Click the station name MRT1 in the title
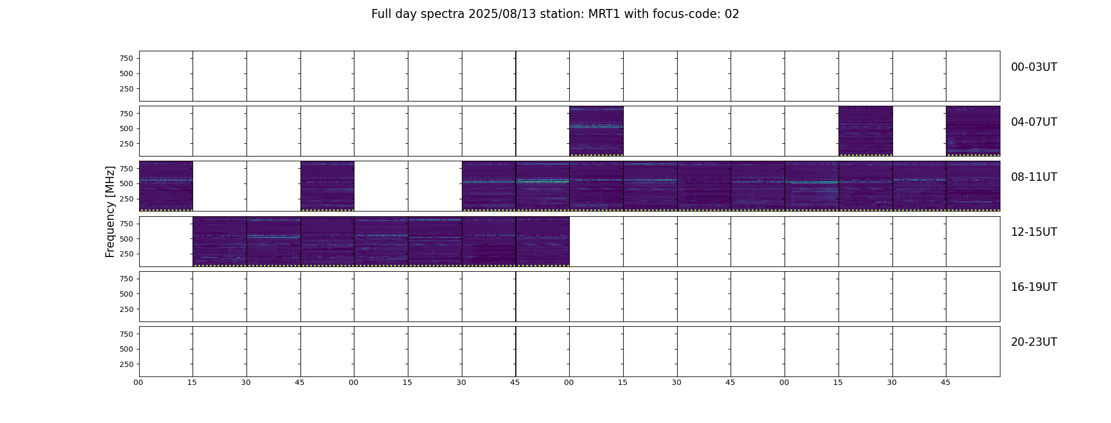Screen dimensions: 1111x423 coord(604,14)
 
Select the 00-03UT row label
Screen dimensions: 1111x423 coord(1034,67)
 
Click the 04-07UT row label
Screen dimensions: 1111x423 coord(1034,122)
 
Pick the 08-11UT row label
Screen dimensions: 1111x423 coord(1034,177)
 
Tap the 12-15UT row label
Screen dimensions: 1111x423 coord(1034,232)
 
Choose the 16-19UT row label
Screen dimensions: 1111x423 coord(1034,287)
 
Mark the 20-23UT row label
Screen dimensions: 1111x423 coord(1034,342)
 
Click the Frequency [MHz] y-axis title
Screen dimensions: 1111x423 coord(110,212)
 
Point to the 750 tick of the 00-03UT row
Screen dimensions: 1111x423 coord(126,58)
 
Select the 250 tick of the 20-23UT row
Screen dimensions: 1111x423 coord(126,364)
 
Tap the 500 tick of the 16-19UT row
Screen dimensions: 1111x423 coord(126,294)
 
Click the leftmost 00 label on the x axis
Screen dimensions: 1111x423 coord(139,382)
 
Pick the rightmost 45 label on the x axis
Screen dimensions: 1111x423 coord(945,382)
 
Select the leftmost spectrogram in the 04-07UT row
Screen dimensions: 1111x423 coord(596,131)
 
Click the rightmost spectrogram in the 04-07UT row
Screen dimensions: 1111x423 coord(973,131)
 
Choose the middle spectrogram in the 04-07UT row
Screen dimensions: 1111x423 coord(866,131)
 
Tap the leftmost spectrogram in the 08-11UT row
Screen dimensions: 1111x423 coord(166,186)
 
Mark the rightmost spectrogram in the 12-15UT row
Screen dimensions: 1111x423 coord(542,241)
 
